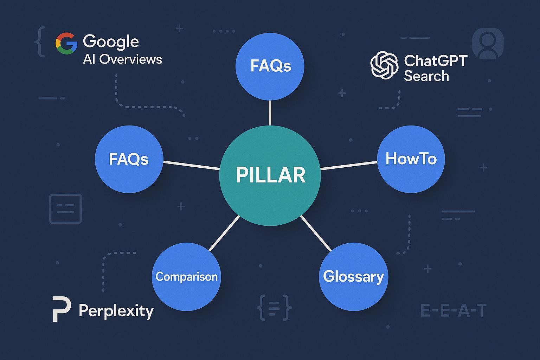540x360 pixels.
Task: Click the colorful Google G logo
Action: coord(66,43)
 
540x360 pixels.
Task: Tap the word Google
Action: coord(111,42)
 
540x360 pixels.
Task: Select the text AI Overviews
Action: coord(122,59)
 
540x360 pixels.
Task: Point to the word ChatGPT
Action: coord(436,61)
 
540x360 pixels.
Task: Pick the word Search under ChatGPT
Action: coord(426,76)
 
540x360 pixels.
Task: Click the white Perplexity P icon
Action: coord(62,309)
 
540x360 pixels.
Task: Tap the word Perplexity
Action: coord(116,311)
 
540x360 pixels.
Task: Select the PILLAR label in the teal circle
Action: coord(270,175)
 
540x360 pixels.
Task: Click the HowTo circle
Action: coord(411,159)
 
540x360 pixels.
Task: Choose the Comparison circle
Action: coord(186,277)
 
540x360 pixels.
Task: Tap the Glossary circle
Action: coord(353,277)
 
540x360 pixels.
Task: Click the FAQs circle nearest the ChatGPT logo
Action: coord(270,66)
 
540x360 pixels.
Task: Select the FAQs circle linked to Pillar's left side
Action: coord(129,159)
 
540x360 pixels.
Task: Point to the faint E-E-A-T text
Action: coord(454,311)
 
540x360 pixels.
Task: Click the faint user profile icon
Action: coord(488,43)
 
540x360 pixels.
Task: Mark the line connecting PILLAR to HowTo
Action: coord(349,166)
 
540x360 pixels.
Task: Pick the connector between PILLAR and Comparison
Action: coord(224,233)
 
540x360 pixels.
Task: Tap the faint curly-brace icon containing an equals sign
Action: coord(274,308)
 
